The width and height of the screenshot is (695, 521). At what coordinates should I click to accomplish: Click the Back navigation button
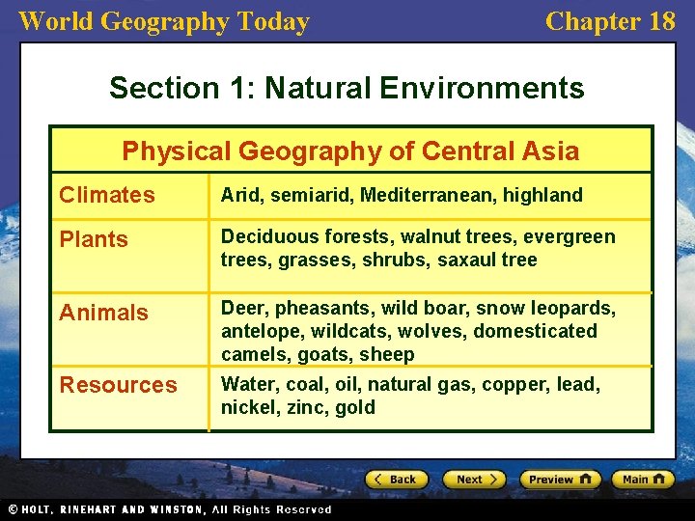click(x=396, y=480)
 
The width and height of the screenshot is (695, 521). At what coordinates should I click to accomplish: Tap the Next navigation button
click(x=474, y=480)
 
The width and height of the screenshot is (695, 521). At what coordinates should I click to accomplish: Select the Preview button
click(x=560, y=480)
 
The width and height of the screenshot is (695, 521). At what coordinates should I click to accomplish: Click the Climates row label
click(x=106, y=195)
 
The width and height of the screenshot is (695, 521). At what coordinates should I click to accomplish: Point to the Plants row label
click(x=94, y=239)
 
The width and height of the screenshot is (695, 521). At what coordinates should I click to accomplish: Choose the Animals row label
click(x=103, y=313)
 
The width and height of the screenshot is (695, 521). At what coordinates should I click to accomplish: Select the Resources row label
click(x=118, y=385)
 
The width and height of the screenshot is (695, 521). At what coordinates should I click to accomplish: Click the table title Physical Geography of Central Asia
click(x=350, y=151)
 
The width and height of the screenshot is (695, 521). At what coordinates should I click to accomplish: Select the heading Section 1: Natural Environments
click(x=347, y=88)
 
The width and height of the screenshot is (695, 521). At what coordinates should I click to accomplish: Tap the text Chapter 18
click(x=610, y=21)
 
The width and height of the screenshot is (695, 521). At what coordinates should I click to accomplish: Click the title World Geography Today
click(x=164, y=21)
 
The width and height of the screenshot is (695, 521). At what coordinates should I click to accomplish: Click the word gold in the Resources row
click(x=355, y=407)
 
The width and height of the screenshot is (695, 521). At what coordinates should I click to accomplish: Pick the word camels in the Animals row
click(x=250, y=354)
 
